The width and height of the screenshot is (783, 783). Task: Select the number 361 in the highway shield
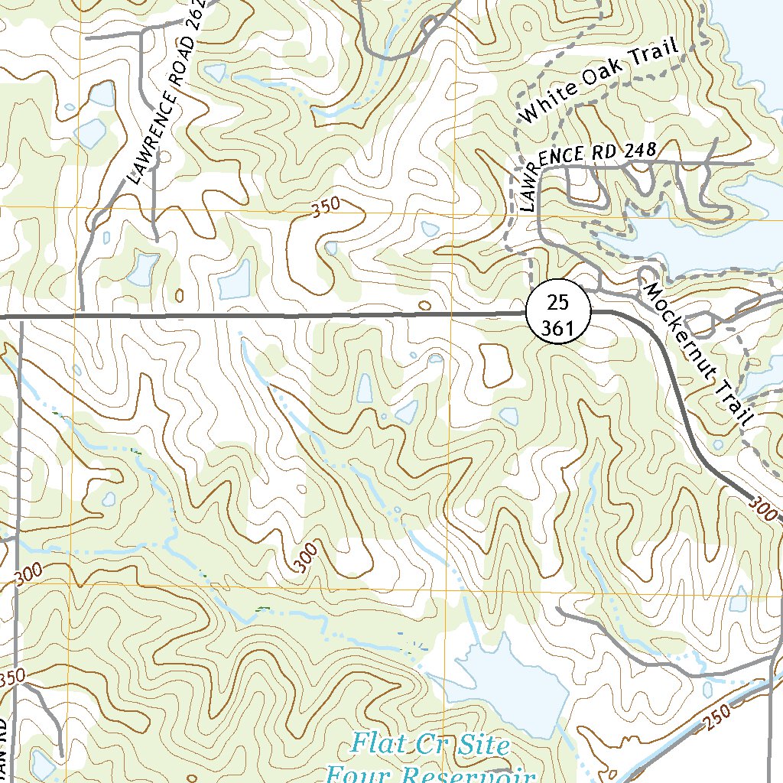point(559,327)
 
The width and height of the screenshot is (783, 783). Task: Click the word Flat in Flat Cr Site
point(379,743)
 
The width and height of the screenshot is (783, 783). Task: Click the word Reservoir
point(466,774)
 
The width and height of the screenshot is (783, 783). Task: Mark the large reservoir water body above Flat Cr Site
point(505,681)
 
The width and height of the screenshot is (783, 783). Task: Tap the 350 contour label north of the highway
point(326,208)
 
